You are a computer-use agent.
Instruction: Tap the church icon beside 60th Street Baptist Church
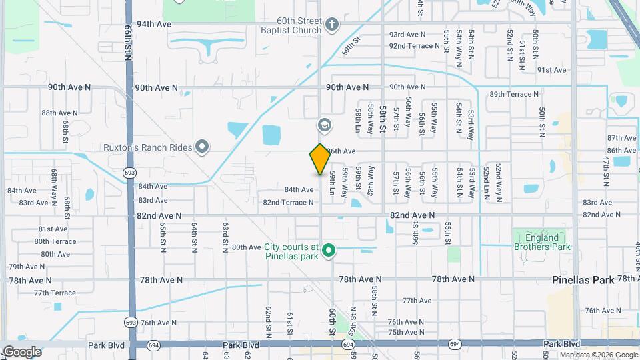click(333, 26)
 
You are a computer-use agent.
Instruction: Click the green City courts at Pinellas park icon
click(328, 251)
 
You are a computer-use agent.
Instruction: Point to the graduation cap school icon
click(325, 125)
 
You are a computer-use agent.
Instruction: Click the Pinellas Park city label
click(583, 281)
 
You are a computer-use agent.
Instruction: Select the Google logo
click(21, 352)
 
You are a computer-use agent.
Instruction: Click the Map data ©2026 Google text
click(598, 355)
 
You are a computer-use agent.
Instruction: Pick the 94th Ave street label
click(154, 24)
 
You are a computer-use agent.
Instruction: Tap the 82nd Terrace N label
click(288, 202)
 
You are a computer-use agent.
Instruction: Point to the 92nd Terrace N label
click(417, 45)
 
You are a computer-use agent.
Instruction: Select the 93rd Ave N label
click(407, 34)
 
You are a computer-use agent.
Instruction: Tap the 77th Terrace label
click(55, 293)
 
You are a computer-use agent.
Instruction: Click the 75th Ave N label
click(406, 332)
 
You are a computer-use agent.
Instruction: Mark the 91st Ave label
click(551, 69)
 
